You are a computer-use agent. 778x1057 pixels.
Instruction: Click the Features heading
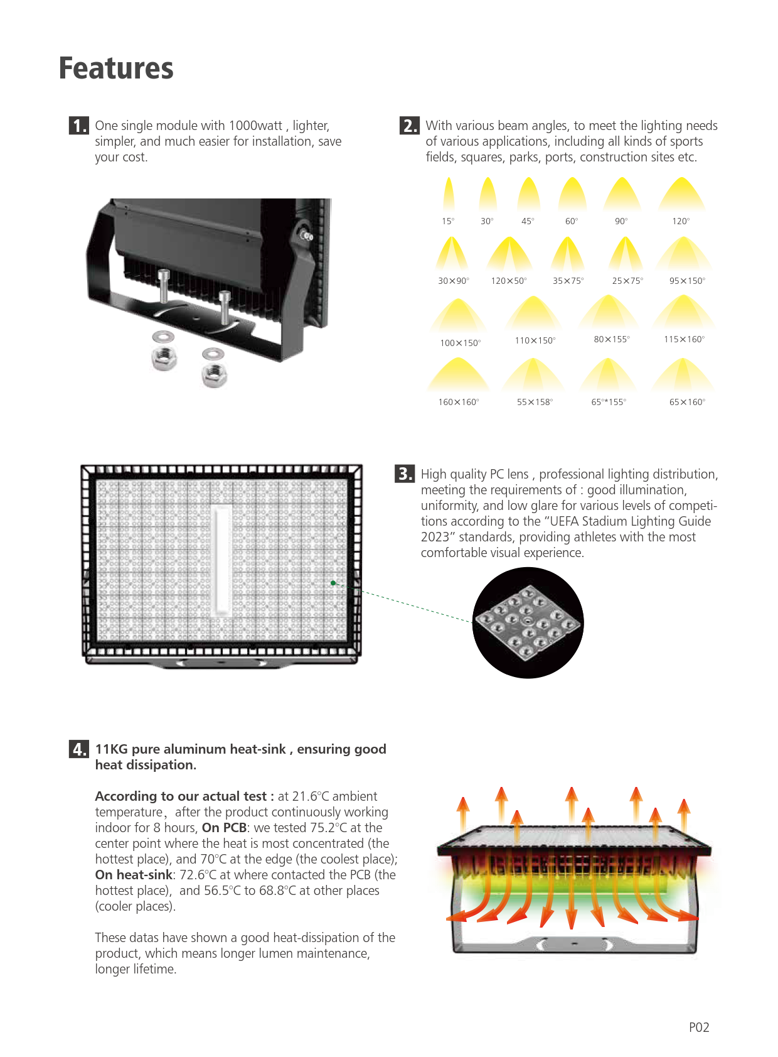tap(116, 68)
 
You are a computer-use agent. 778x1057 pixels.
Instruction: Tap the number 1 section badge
tap(79, 126)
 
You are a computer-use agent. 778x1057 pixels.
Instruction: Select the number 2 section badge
tap(409, 126)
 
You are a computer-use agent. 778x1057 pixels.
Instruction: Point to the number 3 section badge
tap(405, 474)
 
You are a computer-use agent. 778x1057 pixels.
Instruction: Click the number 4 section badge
tap(79, 749)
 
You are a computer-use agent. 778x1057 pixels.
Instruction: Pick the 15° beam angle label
tap(448, 221)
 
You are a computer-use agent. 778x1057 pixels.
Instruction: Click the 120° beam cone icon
tap(681, 195)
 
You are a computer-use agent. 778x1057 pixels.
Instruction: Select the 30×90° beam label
tap(454, 281)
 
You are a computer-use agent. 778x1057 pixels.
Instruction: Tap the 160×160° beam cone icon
tap(458, 375)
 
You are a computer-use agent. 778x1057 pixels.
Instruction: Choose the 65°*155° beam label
tap(609, 402)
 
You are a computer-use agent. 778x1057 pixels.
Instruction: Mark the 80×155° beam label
tap(612, 339)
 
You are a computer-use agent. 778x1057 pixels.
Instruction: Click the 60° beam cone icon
tap(572, 195)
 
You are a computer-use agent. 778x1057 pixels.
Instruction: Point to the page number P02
tap(699, 1027)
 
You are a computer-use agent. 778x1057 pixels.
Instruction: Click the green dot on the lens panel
tap(333, 583)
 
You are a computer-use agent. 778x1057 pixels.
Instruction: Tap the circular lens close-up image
tap(528, 623)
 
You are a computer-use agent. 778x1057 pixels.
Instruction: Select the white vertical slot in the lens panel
tap(221, 561)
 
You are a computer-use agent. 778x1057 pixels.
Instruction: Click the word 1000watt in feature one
tap(255, 126)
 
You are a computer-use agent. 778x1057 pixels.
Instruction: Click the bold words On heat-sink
tap(134, 875)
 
